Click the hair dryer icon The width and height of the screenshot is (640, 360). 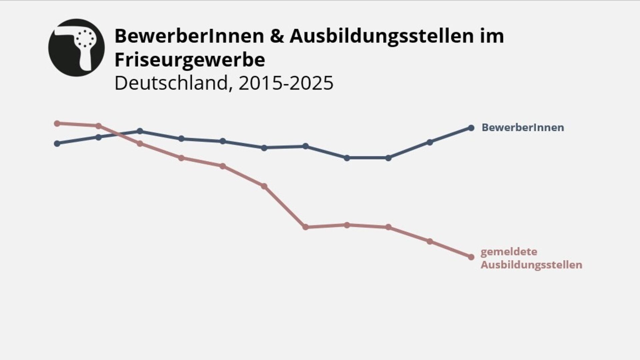(x=76, y=47)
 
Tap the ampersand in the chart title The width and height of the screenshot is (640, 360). (x=277, y=36)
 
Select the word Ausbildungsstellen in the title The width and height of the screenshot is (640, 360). (x=382, y=36)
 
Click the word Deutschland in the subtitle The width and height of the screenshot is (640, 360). (x=171, y=83)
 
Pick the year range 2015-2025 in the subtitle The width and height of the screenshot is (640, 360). (x=286, y=83)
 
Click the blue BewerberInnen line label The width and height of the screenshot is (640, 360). (x=523, y=127)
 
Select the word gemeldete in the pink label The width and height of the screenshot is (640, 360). (x=509, y=252)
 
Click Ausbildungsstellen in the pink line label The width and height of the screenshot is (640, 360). (x=531, y=265)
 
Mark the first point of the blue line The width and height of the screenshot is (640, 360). (x=57, y=143)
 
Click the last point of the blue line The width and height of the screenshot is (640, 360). (x=471, y=128)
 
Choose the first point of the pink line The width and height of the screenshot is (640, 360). (x=57, y=123)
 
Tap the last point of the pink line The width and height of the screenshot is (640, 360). (x=471, y=257)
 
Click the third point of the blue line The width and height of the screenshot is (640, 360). (x=140, y=131)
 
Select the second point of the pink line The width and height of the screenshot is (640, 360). (x=98, y=126)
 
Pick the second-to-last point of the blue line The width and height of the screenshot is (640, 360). (x=430, y=142)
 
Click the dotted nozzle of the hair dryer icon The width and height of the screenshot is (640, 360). (x=85, y=38)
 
